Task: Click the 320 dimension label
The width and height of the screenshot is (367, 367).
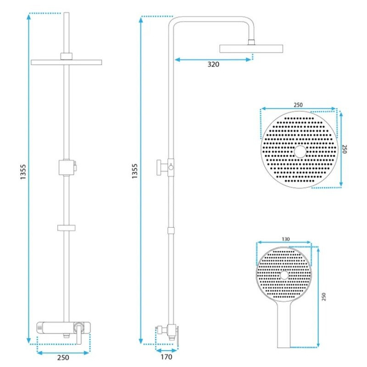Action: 213,64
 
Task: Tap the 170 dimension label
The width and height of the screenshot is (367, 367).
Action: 167,357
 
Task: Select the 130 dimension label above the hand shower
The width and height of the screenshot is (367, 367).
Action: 285,239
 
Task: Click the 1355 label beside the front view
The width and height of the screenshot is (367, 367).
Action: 23,172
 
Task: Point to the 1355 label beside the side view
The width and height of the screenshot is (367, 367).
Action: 134,171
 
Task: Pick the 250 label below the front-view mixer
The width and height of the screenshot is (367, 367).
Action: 63,357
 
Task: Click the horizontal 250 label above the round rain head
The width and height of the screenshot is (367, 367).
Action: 298,105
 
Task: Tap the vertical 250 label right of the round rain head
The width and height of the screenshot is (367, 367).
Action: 345,149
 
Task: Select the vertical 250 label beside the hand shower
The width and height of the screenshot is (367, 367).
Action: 324,296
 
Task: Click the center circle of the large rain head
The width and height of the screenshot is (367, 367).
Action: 300,151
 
